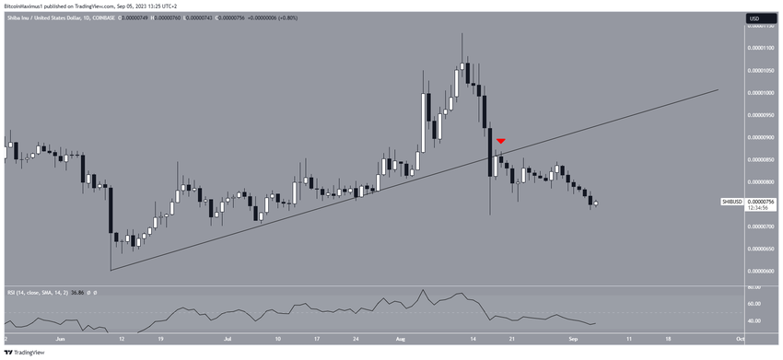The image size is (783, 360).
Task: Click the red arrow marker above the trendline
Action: tap(500, 141)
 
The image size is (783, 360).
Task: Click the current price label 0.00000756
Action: tap(760, 202)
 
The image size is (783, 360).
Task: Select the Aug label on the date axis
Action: tap(400, 339)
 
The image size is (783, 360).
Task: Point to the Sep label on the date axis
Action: tap(572, 339)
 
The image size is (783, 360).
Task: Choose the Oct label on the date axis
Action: tap(740, 339)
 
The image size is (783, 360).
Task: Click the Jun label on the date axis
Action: tap(59, 339)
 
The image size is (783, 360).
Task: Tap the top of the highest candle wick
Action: tap(462, 34)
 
